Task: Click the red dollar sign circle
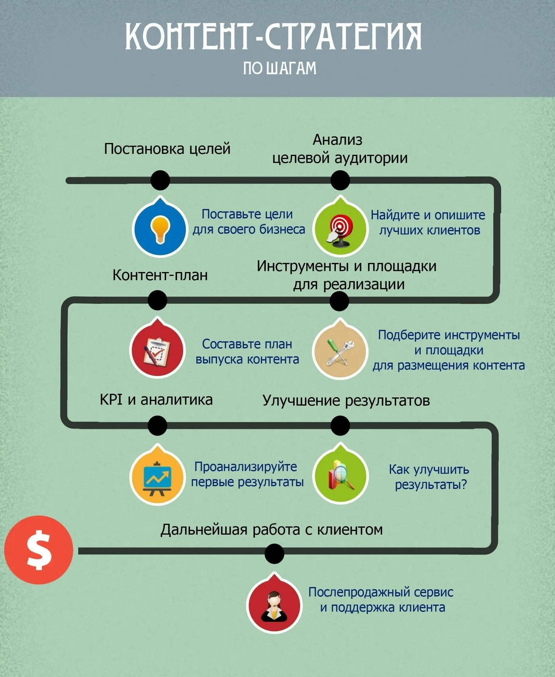(x=39, y=550)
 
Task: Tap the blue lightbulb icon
(x=159, y=229)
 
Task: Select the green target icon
(x=340, y=229)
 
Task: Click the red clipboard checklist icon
(x=157, y=350)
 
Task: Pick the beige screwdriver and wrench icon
(x=340, y=350)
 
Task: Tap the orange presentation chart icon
(x=157, y=476)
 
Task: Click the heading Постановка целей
(x=167, y=149)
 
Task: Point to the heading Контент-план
(x=160, y=275)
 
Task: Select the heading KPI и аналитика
(x=156, y=400)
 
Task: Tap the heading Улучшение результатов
(x=346, y=401)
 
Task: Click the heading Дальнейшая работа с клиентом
(x=271, y=529)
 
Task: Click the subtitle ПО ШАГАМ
(x=279, y=68)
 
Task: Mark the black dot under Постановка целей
(x=160, y=180)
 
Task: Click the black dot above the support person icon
(x=274, y=554)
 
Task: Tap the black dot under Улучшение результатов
(x=340, y=426)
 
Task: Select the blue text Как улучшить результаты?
(x=429, y=477)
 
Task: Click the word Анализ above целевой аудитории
(x=337, y=140)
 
